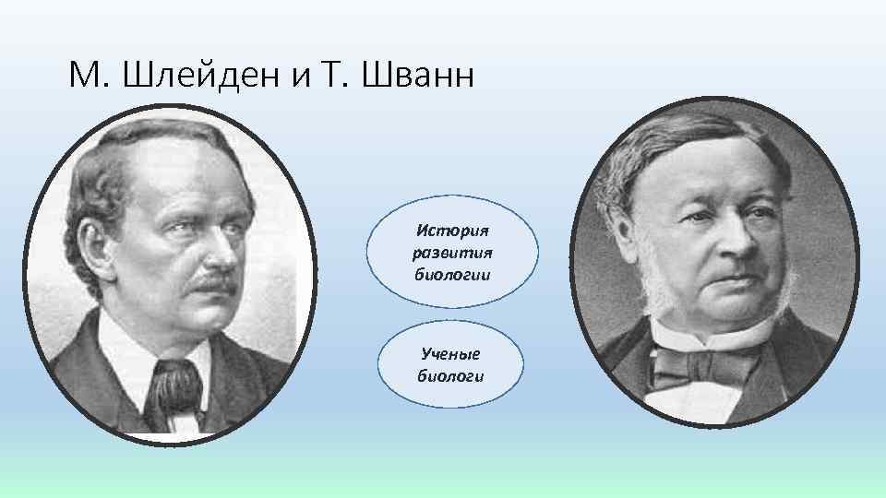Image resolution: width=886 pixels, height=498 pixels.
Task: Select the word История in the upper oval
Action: [451, 229]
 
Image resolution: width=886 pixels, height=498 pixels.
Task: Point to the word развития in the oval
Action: [451, 251]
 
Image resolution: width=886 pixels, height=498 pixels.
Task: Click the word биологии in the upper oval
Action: [451, 274]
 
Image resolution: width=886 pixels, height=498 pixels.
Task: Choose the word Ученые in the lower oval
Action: [450, 353]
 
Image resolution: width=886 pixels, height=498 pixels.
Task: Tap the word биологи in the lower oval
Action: [450, 375]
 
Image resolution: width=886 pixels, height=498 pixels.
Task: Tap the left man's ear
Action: [112, 244]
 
